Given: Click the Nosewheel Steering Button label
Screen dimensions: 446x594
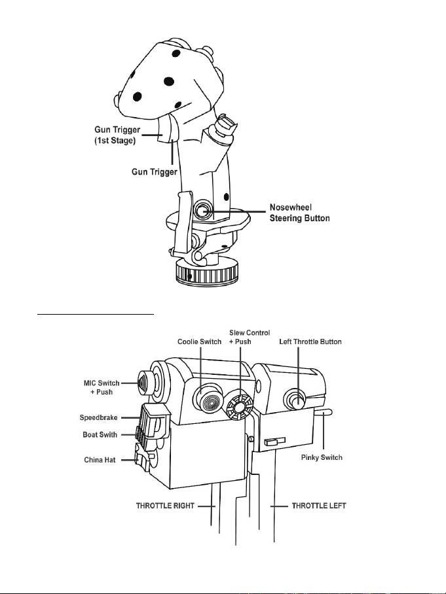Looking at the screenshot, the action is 299,213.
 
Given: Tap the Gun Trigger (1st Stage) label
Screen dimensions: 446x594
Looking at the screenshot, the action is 117,135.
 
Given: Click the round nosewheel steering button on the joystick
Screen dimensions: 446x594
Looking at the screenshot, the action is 202,209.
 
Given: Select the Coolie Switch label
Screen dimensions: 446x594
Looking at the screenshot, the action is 200,341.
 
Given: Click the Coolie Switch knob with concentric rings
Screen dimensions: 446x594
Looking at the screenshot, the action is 208,400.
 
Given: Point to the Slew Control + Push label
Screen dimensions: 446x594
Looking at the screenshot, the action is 250,337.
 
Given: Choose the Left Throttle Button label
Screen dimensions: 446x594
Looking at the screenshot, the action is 310,341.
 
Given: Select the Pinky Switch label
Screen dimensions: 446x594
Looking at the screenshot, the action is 322,457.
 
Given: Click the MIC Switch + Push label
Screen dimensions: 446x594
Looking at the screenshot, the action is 102,387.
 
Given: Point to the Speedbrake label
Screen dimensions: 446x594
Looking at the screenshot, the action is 99,417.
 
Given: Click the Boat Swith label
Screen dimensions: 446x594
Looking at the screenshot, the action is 100,434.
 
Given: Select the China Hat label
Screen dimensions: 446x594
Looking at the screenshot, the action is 100,460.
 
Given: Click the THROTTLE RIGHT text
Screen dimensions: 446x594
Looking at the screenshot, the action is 165,505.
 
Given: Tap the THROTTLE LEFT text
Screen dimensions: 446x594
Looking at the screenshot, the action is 319,505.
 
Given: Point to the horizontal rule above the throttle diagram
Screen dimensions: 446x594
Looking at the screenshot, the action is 95,314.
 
